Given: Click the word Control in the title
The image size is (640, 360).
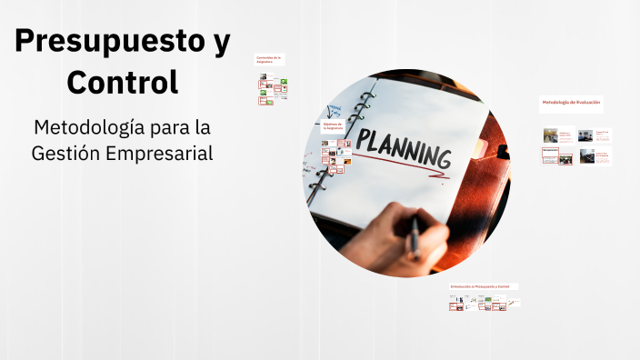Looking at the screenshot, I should click(122, 82).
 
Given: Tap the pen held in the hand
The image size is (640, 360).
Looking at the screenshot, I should click(415, 235).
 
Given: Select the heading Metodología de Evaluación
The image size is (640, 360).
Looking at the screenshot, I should click(571, 103).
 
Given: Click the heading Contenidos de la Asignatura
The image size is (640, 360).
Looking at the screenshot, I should click(270, 60).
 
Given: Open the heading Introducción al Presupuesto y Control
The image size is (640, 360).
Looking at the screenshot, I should click(482, 286).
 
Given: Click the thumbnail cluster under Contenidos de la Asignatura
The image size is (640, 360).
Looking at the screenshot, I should click(272, 88).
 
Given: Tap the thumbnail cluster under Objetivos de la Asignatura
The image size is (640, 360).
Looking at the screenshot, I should click(335, 157).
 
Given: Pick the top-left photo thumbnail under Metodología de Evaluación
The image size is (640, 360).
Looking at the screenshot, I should click(550, 135).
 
